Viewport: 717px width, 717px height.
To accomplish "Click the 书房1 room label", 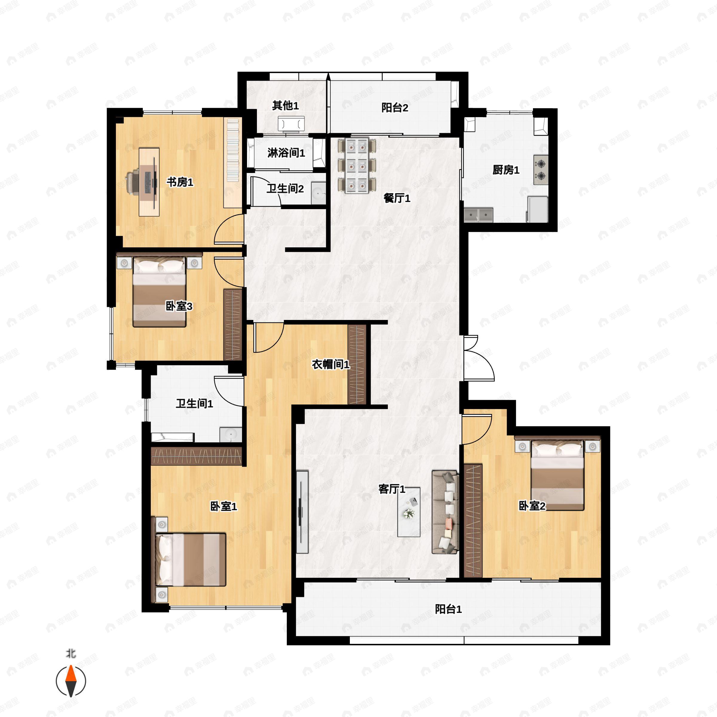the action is [180, 182].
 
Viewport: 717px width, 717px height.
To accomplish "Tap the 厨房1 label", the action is [506, 170].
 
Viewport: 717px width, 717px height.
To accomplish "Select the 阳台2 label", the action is [395, 108].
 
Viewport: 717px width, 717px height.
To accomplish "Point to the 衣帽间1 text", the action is [330, 364].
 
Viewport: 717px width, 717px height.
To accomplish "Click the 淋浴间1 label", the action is [286, 153].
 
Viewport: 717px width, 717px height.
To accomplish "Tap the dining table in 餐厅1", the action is [357, 166].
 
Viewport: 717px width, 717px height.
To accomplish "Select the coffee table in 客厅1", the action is [409, 512].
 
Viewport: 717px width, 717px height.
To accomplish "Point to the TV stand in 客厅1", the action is [302, 512].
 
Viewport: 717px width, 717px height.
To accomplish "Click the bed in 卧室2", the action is [557, 475].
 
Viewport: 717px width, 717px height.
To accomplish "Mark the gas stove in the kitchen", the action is [541, 170].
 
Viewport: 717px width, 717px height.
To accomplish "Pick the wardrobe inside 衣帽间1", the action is [357, 364].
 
